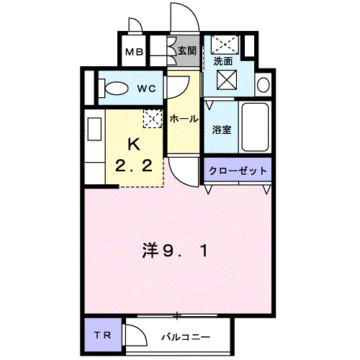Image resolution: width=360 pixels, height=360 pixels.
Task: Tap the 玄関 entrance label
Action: tap(187, 51)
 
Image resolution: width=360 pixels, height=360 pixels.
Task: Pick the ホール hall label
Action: tap(184, 119)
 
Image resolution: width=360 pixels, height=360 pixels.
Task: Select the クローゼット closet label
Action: tap(238, 171)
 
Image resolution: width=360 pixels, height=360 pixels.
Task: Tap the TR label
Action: tap(102, 336)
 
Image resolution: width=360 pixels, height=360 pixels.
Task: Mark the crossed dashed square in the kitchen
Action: tap(152, 119)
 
